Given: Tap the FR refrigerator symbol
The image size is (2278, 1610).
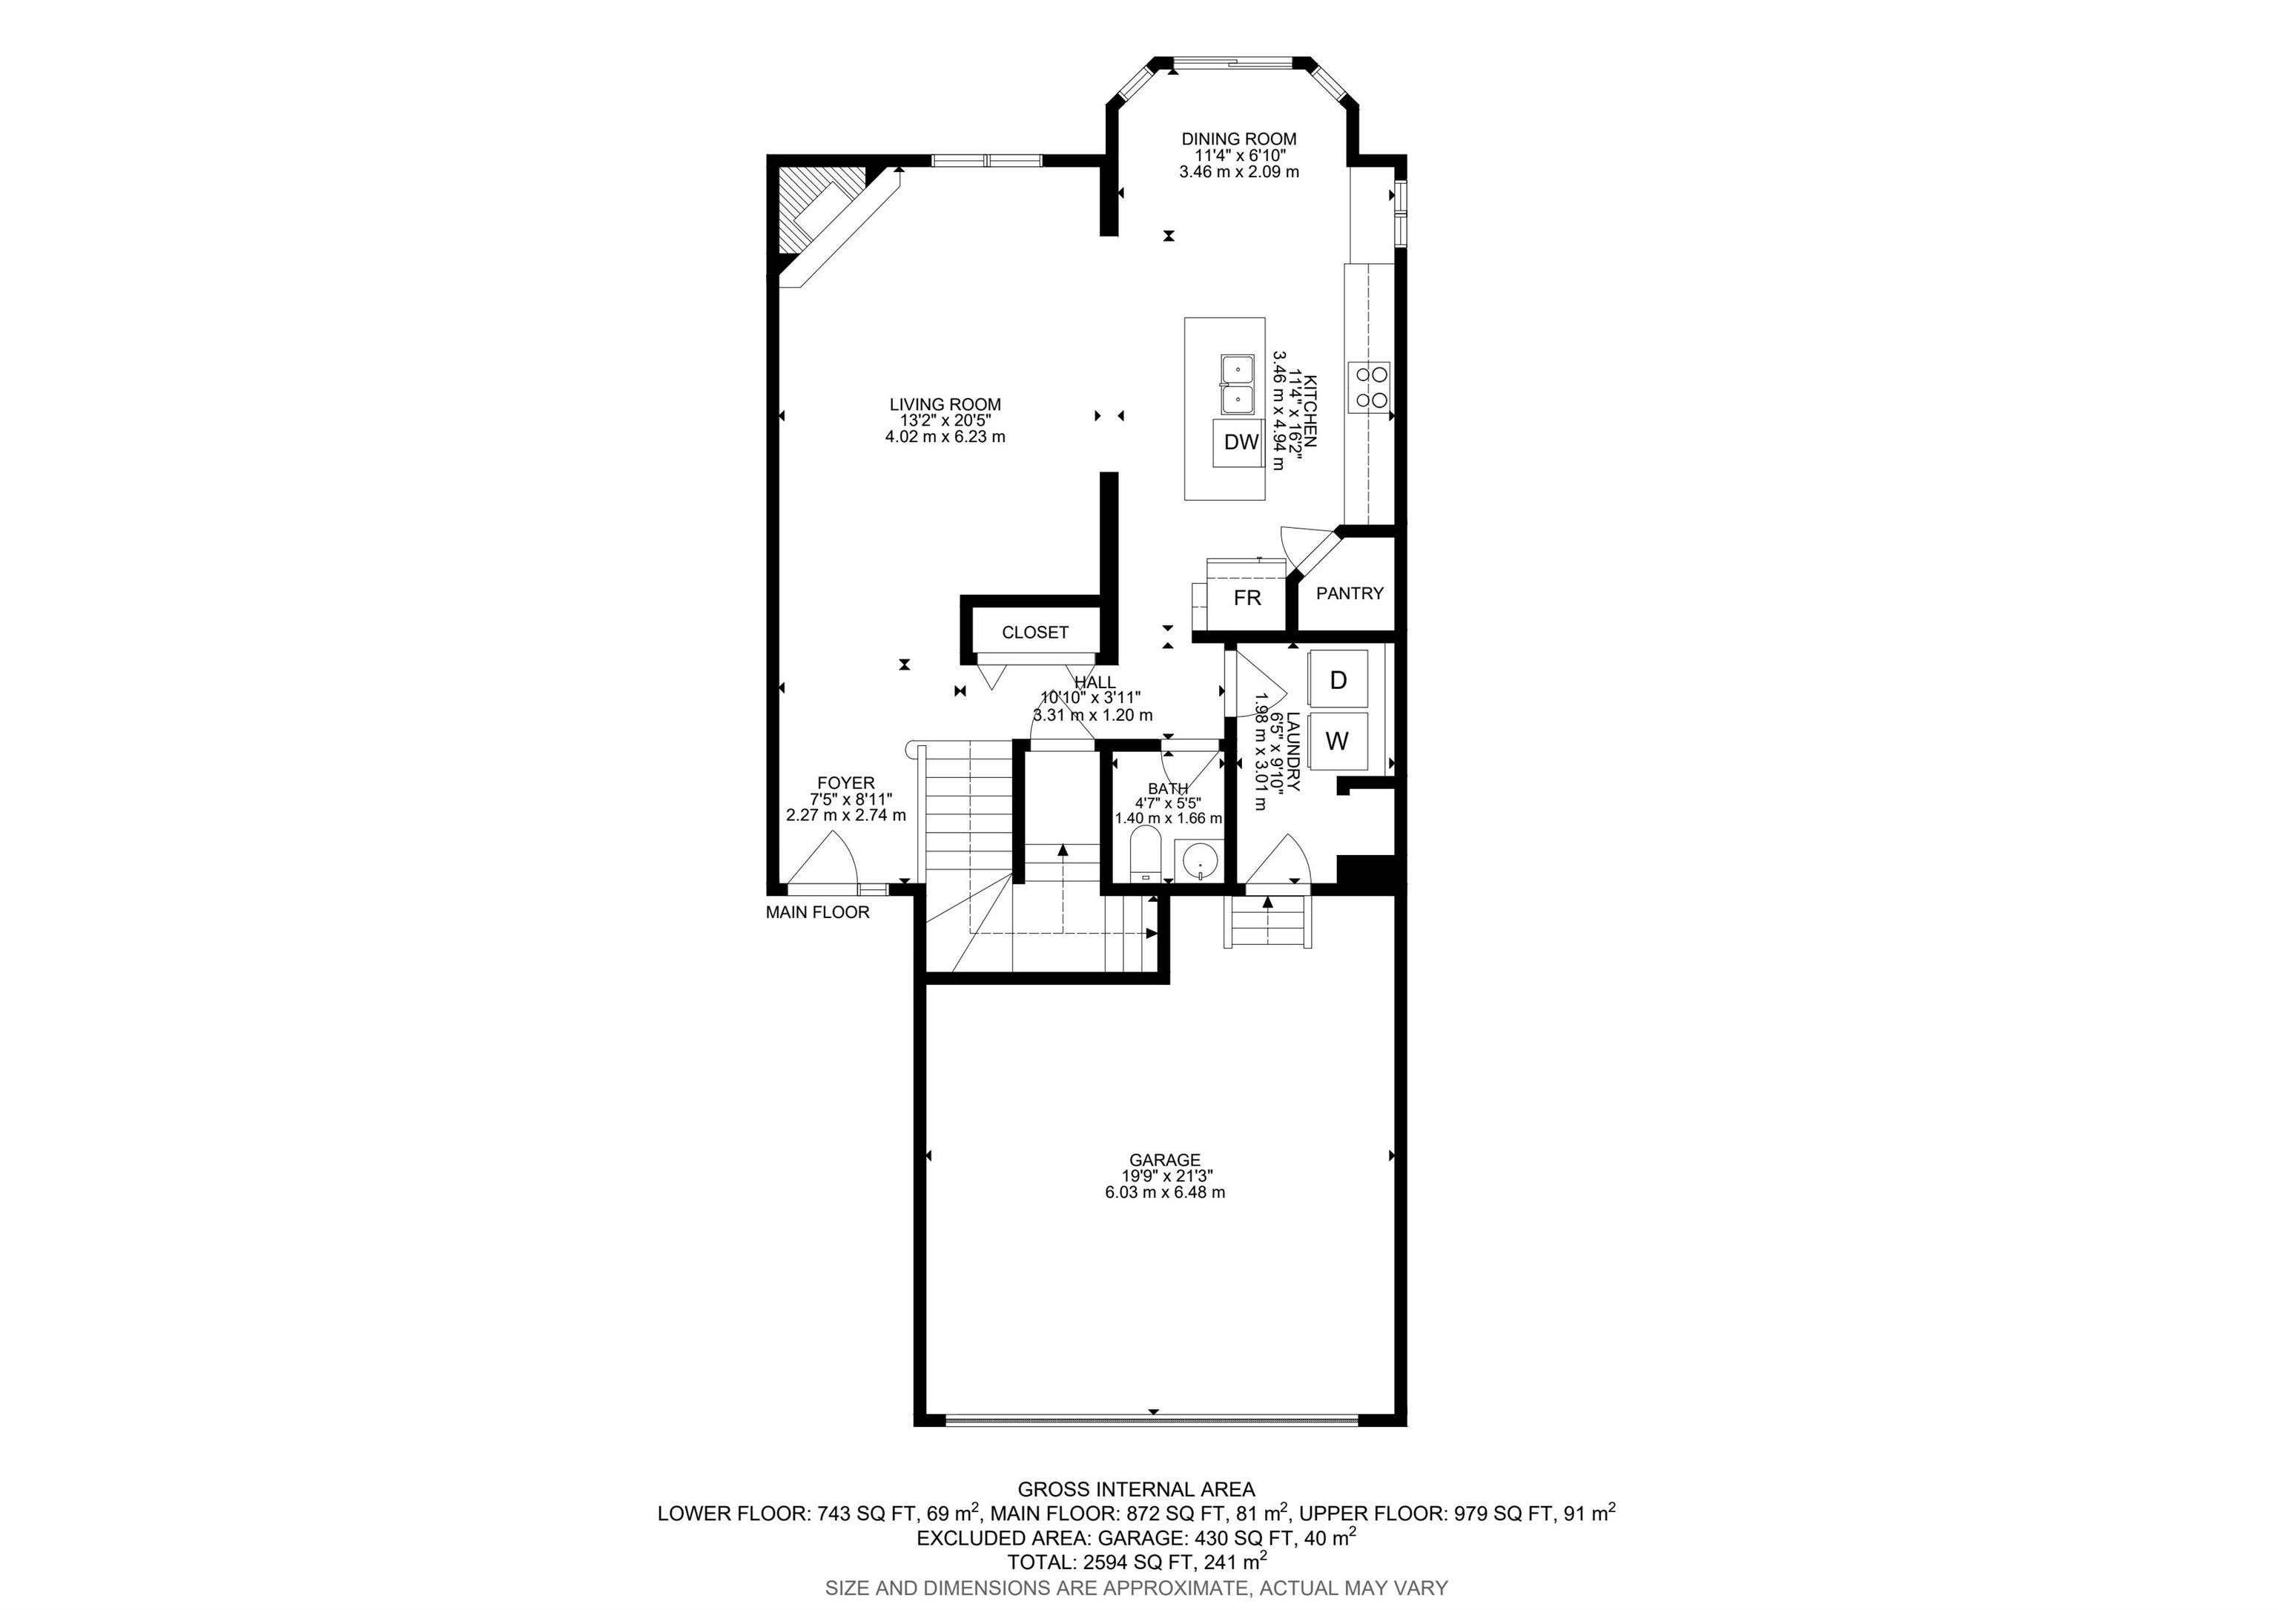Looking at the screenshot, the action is [x=1247, y=597].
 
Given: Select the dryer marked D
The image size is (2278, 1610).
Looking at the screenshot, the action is [x=1338, y=679].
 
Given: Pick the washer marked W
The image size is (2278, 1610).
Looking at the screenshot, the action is [x=1338, y=741].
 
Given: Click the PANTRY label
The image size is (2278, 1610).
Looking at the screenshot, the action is [x=1350, y=593].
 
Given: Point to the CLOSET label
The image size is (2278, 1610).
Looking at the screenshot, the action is [x=1035, y=632].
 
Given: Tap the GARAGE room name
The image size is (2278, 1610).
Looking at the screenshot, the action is [x=1165, y=1160].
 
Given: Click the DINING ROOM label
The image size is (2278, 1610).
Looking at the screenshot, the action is [x=1239, y=139].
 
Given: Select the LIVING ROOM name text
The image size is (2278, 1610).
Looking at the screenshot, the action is [x=945, y=405].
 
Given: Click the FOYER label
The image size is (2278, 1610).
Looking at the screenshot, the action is [x=845, y=782].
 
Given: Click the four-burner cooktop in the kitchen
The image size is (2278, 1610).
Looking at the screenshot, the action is [x=1369, y=387].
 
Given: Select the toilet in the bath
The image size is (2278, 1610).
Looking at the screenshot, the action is [x=1145, y=854].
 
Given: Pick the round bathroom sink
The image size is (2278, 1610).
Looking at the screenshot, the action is [x=1201, y=860].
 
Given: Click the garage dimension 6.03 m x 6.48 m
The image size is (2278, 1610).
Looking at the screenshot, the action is [x=1165, y=1192].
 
